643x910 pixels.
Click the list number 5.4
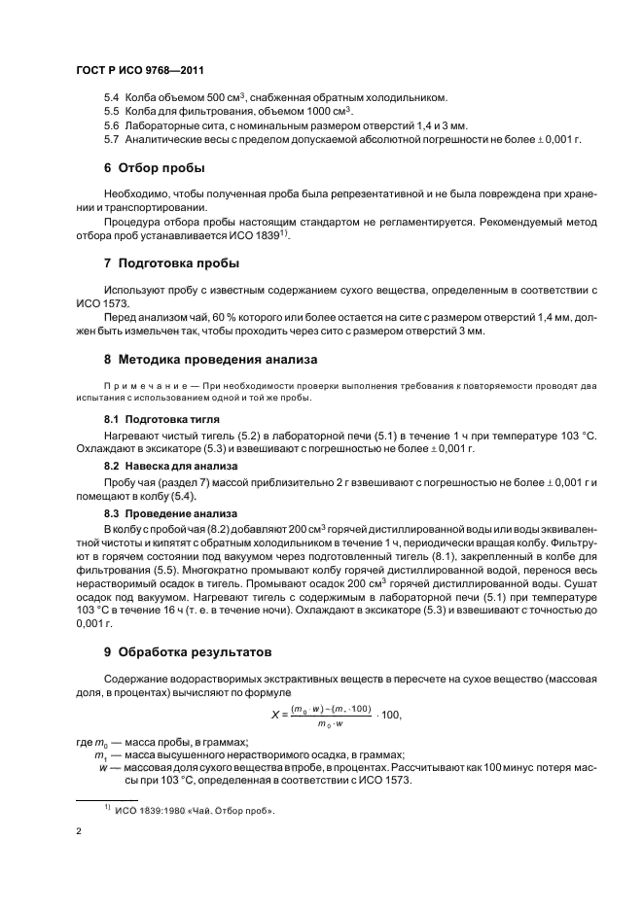point(111,98)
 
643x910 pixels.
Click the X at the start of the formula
point(275,716)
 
